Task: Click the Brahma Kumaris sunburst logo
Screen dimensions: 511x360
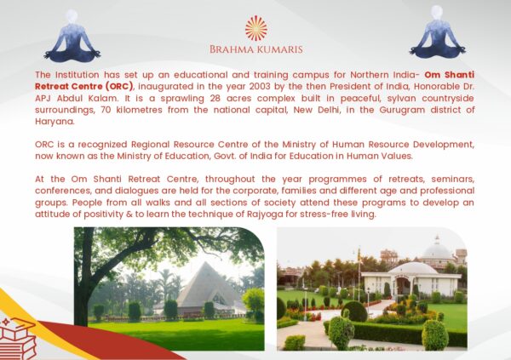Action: point(256,28)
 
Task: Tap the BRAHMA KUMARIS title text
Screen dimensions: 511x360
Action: point(256,49)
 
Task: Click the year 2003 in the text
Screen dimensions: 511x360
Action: point(259,87)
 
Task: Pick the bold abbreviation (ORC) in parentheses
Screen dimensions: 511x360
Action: point(119,87)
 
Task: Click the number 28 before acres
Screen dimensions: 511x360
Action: point(215,99)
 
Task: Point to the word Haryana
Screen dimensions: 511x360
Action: point(55,122)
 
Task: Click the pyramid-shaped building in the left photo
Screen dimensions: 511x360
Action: point(207,287)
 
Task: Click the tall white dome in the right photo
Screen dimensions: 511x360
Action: point(437,250)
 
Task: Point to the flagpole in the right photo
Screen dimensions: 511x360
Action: point(359,275)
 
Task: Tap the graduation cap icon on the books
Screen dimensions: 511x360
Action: point(20,325)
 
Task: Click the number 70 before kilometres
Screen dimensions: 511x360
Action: point(106,110)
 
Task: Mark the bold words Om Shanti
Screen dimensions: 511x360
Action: point(450,75)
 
